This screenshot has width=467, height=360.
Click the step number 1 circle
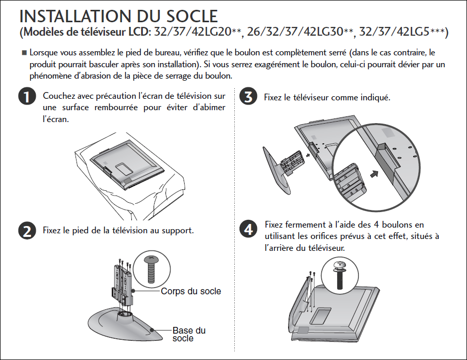pyautogui.click(x=25, y=97)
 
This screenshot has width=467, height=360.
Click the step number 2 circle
pyautogui.click(x=25, y=231)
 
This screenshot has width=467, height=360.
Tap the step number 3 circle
pyautogui.click(x=248, y=97)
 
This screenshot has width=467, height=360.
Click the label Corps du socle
pyautogui.click(x=191, y=291)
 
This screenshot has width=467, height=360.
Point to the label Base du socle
pyautogui.click(x=189, y=334)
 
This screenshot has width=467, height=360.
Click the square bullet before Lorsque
pyautogui.click(x=24, y=53)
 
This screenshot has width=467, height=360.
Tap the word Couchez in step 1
pyautogui.click(x=59, y=96)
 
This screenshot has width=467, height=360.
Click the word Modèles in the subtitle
pyautogui.click(x=45, y=32)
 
